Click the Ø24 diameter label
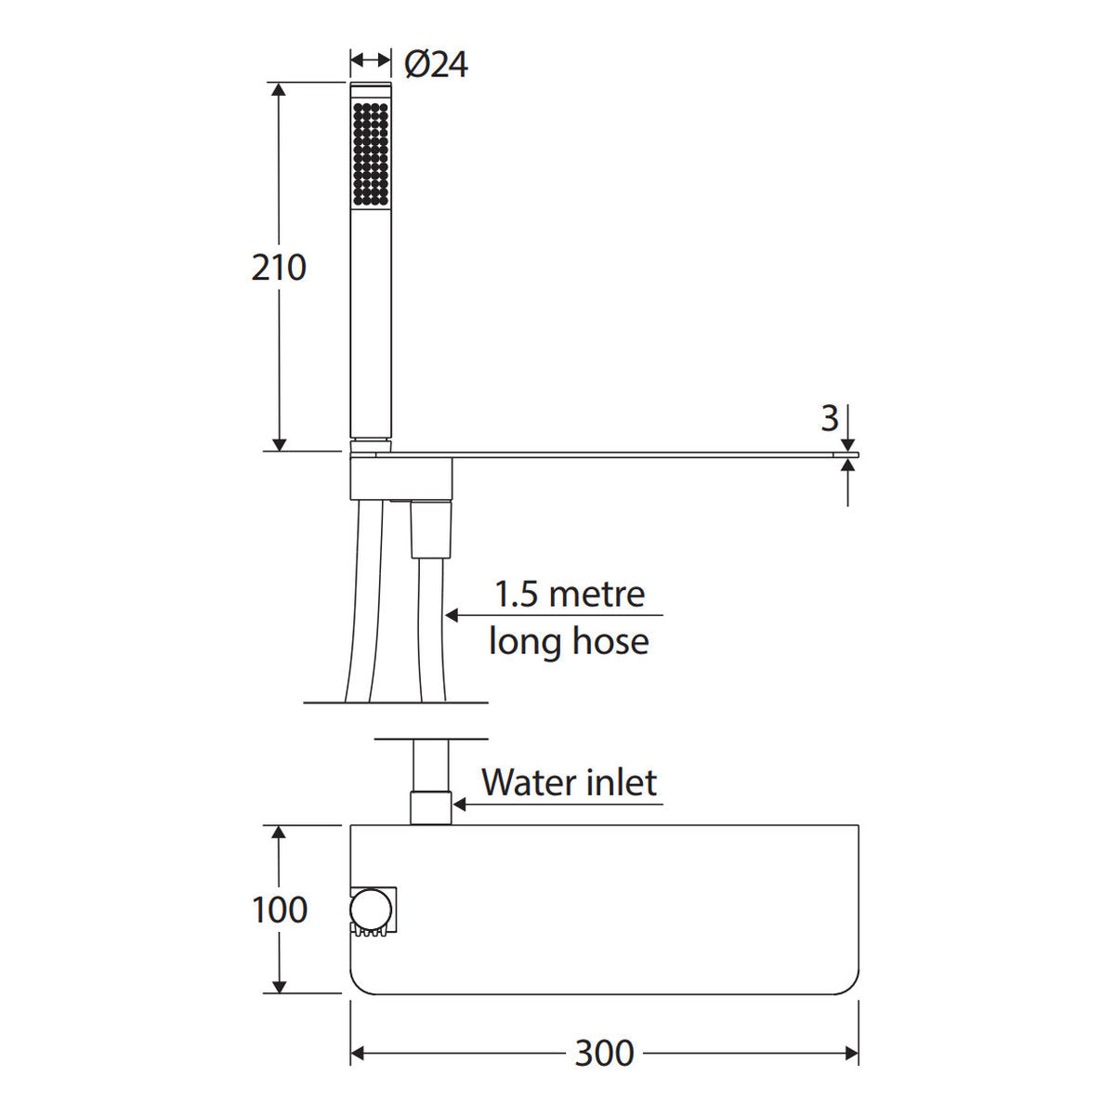tap(436, 64)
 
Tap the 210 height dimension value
tap(279, 268)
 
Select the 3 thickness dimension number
tap(830, 418)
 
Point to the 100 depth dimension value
tap(280, 910)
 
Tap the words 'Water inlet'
tap(570, 783)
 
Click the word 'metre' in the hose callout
tap(597, 595)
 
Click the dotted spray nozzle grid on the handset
tap(371, 154)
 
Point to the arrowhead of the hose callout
tap(452, 615)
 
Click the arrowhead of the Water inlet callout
tap(460, 805)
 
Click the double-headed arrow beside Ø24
tap(371, 59)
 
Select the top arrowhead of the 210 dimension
tap(279, 90)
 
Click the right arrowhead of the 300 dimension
tap(851, 1054)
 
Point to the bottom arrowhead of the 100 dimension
tap(279, 986)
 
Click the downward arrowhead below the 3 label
tap(847, 445)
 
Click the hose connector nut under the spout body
tap(431, 530)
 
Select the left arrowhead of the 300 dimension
tap(358, 1054)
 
